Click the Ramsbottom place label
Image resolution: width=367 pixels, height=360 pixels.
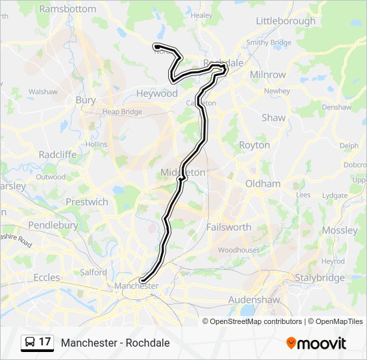(x=68, y=9)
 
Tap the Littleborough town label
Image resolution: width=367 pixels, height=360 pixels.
(x=286, y=21)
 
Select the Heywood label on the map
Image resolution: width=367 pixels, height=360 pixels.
(x=157, y=93)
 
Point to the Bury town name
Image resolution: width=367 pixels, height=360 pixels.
(x=85, y=100)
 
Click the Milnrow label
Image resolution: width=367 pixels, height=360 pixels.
(x=268, y=75)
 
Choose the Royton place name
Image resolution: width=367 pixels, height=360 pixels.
(x=254, y=145)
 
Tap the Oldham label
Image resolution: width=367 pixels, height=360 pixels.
(x=263, y=183)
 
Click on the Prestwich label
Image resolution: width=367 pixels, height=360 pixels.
(x=87, y=201)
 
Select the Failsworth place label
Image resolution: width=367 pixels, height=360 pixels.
(x=229, y=227)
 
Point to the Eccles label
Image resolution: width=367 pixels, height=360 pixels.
(x=46, y=277)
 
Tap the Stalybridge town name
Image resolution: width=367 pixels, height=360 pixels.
(x=321, y=277)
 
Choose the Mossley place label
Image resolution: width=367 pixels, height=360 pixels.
(x=340, y=230)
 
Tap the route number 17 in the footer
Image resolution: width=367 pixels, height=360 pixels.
(x=45, y=342)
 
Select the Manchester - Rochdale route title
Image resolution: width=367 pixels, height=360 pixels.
(x=115, y=343)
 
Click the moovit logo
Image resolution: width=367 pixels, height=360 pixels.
(x=316, y=343)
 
